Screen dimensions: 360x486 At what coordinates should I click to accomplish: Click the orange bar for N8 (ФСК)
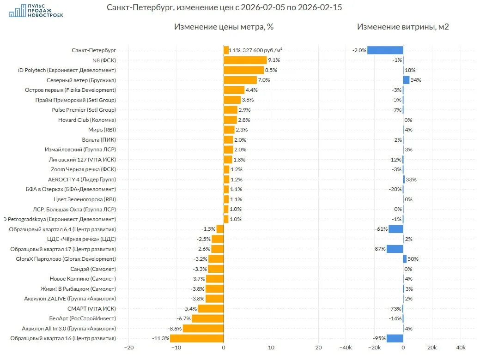(245, 60)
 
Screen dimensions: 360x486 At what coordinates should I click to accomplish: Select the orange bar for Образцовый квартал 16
(197, 338)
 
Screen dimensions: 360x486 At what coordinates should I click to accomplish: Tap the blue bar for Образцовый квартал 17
(395, 249)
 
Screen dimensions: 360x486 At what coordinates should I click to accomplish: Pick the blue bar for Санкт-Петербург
(385, 50)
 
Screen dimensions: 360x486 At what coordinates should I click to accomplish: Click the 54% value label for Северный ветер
(416, 80)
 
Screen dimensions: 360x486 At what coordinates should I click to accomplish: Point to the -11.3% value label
(160, 338)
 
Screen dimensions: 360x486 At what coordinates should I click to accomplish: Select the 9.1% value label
(274, 60)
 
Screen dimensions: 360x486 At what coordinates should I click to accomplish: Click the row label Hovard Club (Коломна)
(87, 120)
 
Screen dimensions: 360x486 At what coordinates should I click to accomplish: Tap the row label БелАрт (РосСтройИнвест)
(82, 318)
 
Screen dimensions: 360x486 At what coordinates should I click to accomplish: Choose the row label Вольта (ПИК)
(99, 140)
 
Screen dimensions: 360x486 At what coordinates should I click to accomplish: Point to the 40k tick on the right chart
(460, 348)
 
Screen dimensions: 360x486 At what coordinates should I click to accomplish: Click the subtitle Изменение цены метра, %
(224, 27)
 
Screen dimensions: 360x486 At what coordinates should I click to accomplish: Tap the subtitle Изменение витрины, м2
(403, 27)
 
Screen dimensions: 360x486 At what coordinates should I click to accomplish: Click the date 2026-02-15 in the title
(321, 8)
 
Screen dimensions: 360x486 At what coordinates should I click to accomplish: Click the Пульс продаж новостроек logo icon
(18, 11)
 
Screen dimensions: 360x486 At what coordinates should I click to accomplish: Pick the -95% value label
(379, 338)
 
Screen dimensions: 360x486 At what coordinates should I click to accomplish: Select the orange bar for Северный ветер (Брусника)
(240, 80)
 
